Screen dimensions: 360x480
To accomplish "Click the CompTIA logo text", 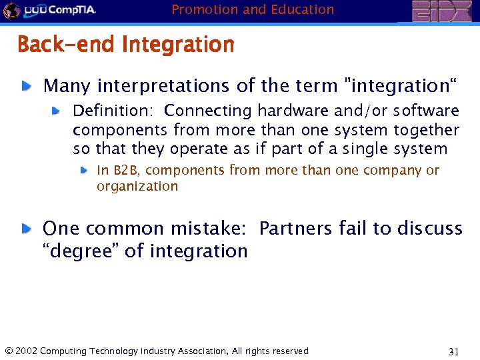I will (x=69, y=11).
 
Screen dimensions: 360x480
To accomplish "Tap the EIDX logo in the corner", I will (x=441, y=11).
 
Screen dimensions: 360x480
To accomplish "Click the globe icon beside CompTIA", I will (x=11, y=11).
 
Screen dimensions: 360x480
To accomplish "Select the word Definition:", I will (x=113, y=111).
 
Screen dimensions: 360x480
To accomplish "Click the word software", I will (x=426, y=111).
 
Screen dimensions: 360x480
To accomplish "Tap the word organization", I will (x=137, y=187).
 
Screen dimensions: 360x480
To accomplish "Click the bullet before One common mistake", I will (x=26, y=228).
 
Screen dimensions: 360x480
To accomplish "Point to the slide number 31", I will (x=455, y=351).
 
